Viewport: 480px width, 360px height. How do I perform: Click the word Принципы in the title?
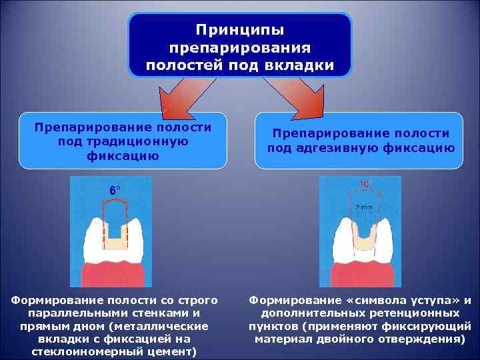coord(240,31)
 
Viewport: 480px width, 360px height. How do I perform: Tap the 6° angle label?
coord(115,190)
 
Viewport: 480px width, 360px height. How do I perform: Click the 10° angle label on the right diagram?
coord(365,184)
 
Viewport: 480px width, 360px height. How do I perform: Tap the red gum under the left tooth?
coord(112,274)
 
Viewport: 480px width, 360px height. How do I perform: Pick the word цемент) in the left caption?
coord(172,351)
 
